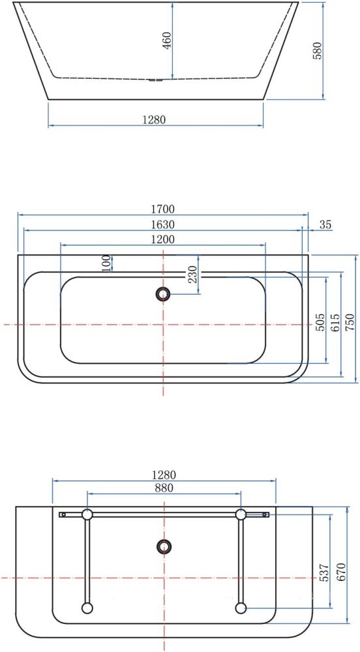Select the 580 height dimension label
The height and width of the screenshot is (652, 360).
pos(317,51)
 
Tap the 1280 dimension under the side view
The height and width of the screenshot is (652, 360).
pos(155,119)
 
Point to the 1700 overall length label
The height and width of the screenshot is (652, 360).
pos(162,209)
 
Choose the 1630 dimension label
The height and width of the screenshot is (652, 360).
pos(162,224)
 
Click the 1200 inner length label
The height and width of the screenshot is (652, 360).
pos(162,239)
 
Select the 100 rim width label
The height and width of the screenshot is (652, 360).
pos(106,263)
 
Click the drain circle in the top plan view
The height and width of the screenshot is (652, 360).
pos(163,294)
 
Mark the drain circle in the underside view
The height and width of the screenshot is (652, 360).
pos(164,546)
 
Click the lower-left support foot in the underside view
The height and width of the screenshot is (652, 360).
pos(87,608)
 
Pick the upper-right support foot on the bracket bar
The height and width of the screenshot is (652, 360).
pos(241,514)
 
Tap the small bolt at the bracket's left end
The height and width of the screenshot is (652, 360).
pos(63,514)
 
